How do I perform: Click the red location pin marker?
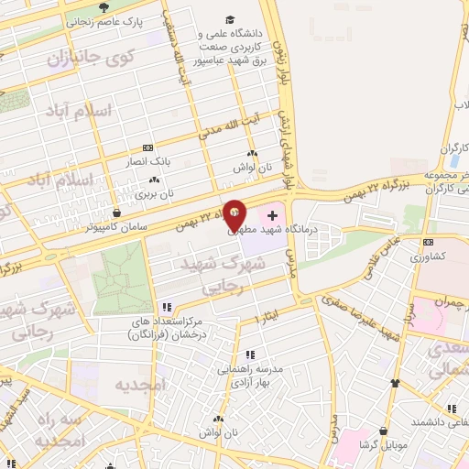[x=235, y=215]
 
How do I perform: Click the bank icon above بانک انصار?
[x=148, y=147]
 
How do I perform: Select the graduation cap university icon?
[x=228, y=20]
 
